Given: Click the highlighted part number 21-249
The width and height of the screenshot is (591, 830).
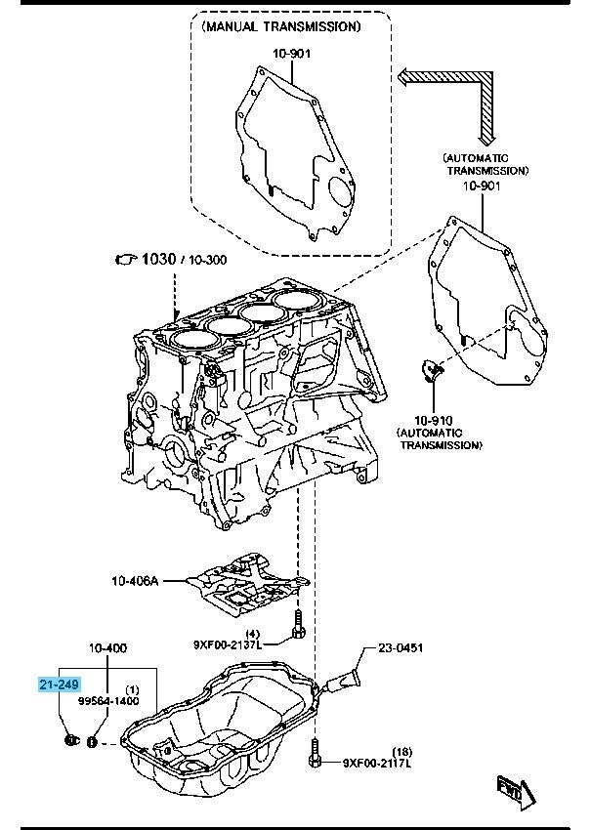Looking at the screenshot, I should tap(60, 686).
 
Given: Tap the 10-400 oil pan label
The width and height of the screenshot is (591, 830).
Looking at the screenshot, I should tap(107, 647).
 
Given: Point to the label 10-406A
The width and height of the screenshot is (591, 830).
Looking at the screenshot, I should tap(135, 580).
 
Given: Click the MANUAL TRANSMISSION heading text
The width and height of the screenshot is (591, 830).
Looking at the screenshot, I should tap(280, 26).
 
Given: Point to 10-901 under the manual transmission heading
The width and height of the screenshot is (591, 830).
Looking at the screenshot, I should tap(291, 54).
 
